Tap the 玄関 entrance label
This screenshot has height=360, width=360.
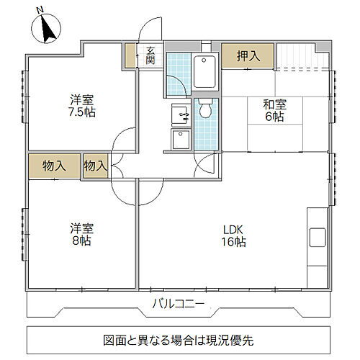click(150, 55)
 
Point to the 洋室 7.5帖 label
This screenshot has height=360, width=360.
click(81, 106)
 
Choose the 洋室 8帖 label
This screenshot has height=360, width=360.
click(81, 235)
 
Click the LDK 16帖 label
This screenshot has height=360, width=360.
click(235, 235)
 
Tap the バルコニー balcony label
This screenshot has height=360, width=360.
click(179, 302)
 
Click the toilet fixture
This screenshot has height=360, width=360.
click(205, 108)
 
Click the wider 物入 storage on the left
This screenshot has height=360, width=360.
click(55, 166)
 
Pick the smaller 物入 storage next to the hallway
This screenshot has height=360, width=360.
click(95, 166)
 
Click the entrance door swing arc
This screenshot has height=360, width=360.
click(150, 32)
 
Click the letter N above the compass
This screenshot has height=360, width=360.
click(41, 9)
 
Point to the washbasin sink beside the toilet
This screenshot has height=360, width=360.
click(179, 114)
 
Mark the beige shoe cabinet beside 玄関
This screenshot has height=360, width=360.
click(130, 56)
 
